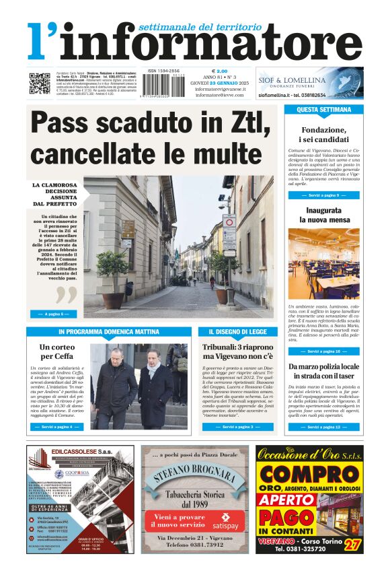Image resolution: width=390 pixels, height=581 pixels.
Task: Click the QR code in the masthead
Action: (x=39, y=83)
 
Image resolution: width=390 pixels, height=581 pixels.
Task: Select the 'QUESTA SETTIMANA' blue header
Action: (x=323, y=109)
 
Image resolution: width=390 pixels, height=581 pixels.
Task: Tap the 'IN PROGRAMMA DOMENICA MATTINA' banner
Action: (x=109, y=332)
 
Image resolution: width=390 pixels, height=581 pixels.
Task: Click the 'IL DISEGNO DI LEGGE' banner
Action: (x=237, y=332)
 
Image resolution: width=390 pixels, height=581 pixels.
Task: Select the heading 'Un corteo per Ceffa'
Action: (x=56, y=351)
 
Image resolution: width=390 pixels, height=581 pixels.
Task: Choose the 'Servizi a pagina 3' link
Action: (x=237, y=427)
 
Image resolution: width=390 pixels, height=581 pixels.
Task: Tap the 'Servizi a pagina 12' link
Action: (x=323, y=427)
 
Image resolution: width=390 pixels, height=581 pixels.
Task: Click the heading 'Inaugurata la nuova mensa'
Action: (x=323, y=215)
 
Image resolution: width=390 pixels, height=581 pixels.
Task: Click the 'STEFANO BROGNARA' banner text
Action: (x=194, y=478)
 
